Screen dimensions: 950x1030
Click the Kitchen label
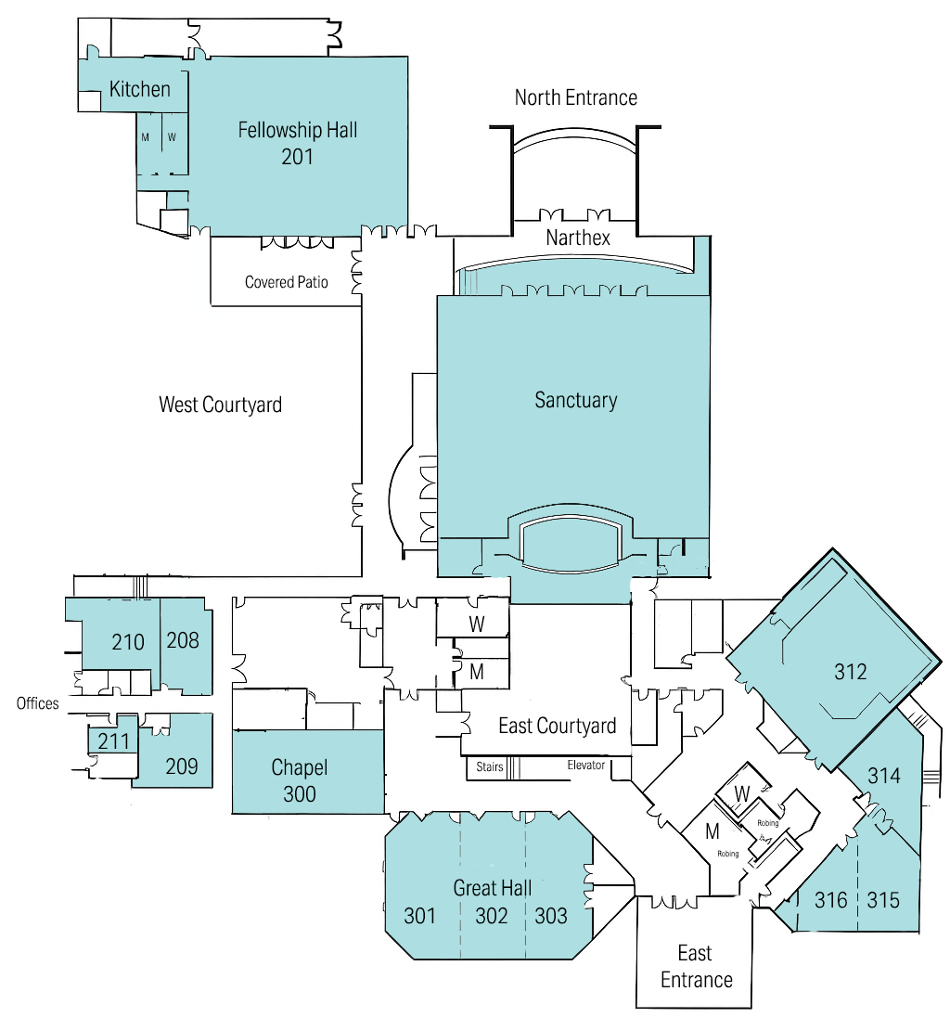pos(140,89)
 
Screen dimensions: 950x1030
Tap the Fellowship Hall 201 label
pos(298,143)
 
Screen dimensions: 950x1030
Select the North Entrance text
pos(576,97)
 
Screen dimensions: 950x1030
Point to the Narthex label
pos(578,238)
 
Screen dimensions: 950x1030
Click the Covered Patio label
pos(287,282)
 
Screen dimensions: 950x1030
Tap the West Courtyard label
pos(221,405)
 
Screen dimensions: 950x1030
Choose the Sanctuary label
pos(576,400)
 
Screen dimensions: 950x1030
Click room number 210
pos(128,642)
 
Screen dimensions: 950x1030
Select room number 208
pos(183,640)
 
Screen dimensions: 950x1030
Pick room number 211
pos(113,741)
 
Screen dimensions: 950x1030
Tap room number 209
pos(182,766)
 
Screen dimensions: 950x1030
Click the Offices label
pos(37,703)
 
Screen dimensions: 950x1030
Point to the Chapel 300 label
pos(300,780)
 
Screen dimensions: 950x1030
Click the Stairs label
pos(490,766)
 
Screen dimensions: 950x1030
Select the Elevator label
pos(586,766)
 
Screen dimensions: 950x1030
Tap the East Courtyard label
pos(558,726)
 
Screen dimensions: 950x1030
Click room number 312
pos(850,671)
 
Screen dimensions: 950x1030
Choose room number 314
pos(884,776)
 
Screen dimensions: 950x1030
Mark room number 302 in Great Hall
pos(491,916)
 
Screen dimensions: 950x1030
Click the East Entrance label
pos(696,966)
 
